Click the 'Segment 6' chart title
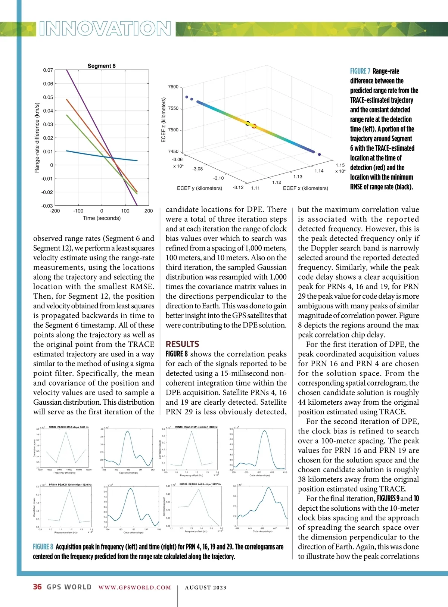[102, 66]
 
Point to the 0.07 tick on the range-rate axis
[48, 70]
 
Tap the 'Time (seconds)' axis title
[102, 218]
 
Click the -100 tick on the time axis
[78, 211]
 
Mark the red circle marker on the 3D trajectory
[254, 126]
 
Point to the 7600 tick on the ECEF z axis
[173, 87]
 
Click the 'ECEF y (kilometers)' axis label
[199, 188]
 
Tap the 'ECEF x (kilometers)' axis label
[305, 188]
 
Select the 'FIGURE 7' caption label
[360, 71]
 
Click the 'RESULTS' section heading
[182, 344]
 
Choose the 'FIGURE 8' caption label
[43, 547]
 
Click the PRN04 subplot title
[69, 427]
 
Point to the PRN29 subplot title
[200, 484]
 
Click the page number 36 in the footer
[37, 587]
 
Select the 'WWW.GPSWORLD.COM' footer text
[134, 588]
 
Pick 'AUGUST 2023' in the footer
[206, 588]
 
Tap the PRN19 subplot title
[70, 485]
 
